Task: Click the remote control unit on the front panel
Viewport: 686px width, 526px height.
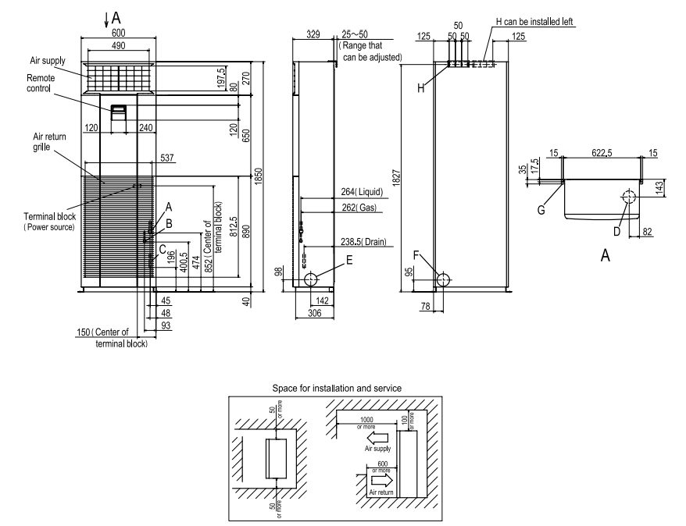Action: tap(120, 112)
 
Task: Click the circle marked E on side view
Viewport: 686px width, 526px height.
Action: tap(311, 279)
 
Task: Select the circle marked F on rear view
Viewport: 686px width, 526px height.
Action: tap(444, 280)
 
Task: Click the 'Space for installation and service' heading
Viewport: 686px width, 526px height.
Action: tap(337, 388)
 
